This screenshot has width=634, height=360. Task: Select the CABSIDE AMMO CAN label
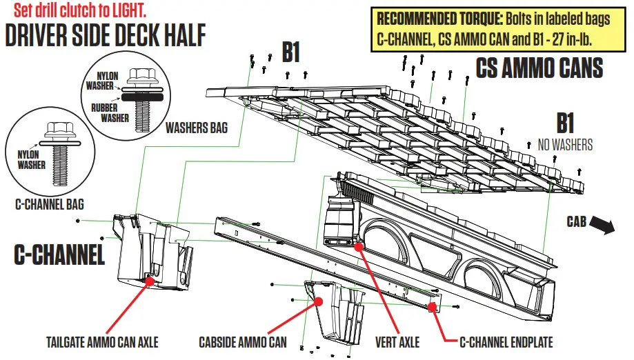click(x=243, y=341)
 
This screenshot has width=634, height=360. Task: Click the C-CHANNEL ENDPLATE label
click(x=506, y=341)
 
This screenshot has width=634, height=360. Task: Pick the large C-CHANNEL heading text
click(x=60, y=255)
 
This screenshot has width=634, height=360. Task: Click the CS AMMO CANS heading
click(x=539, y=68)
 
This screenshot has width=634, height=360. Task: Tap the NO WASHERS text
click(x=565, y=145)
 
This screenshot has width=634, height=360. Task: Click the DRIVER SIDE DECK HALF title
click(x=105, y=36)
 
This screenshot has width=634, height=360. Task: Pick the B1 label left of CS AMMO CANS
click(x=291, y=52)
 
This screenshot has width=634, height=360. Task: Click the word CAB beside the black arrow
click(x=576, y=222)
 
